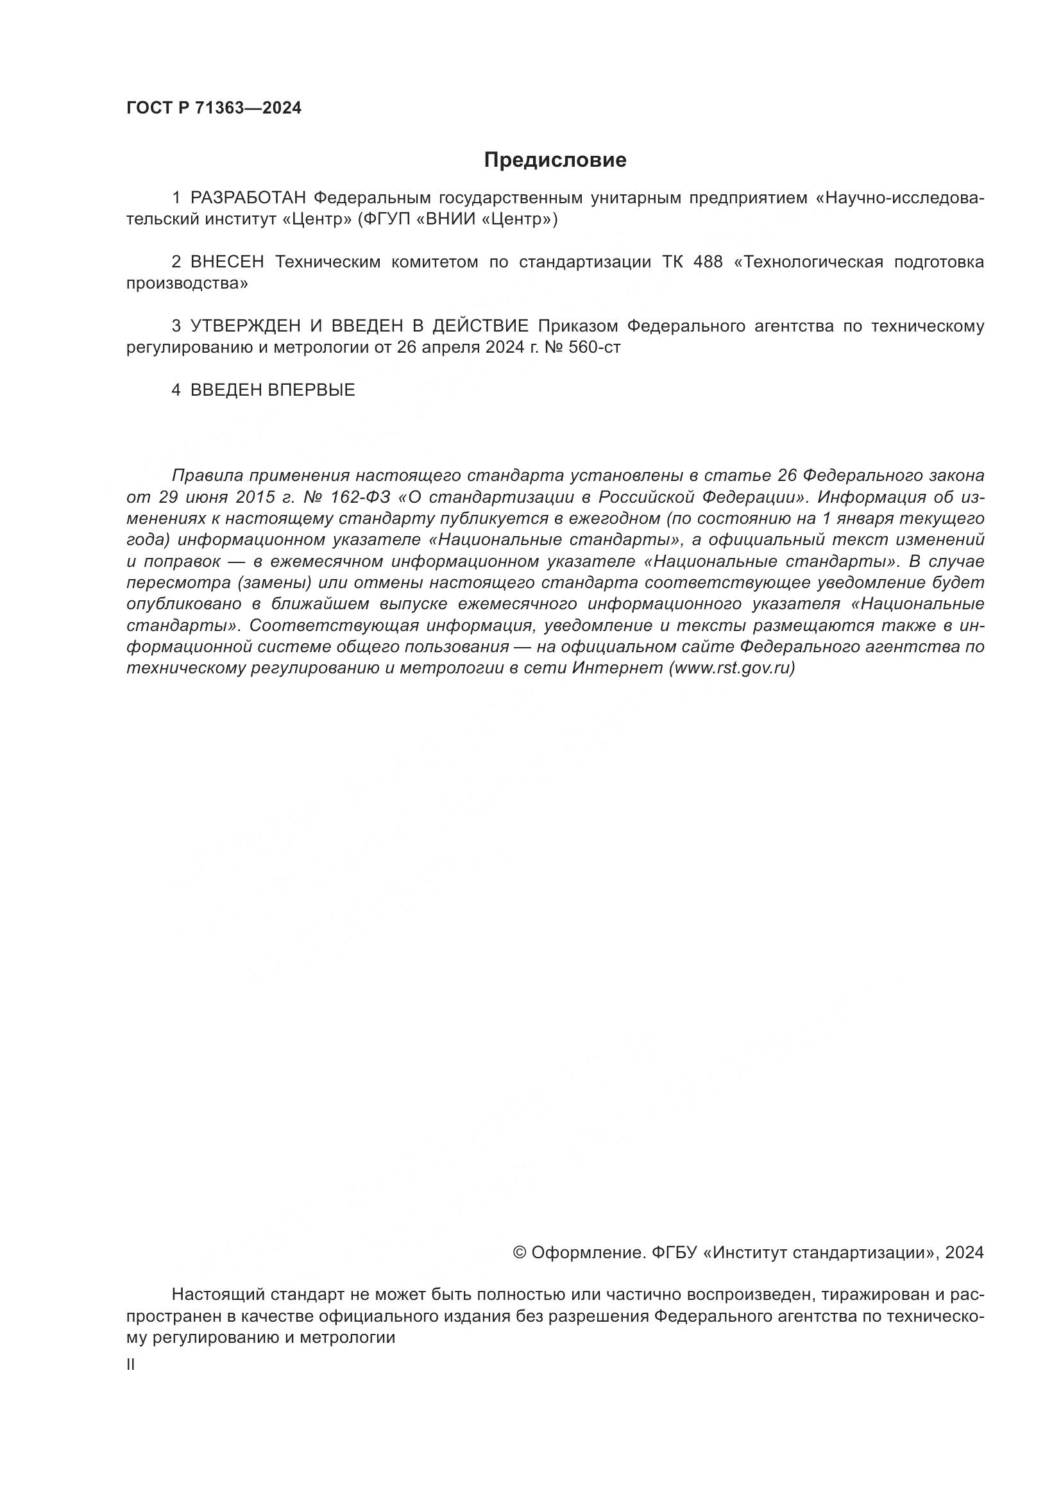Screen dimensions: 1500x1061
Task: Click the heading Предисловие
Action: [555, 160]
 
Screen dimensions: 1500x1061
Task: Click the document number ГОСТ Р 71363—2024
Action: [214, 108]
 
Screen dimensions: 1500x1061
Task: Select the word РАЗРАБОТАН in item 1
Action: [248, 198]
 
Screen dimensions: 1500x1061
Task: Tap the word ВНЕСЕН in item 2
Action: [227, 262]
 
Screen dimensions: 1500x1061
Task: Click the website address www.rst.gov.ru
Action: [732, 668]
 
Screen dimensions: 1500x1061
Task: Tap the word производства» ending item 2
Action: [187, 283]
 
